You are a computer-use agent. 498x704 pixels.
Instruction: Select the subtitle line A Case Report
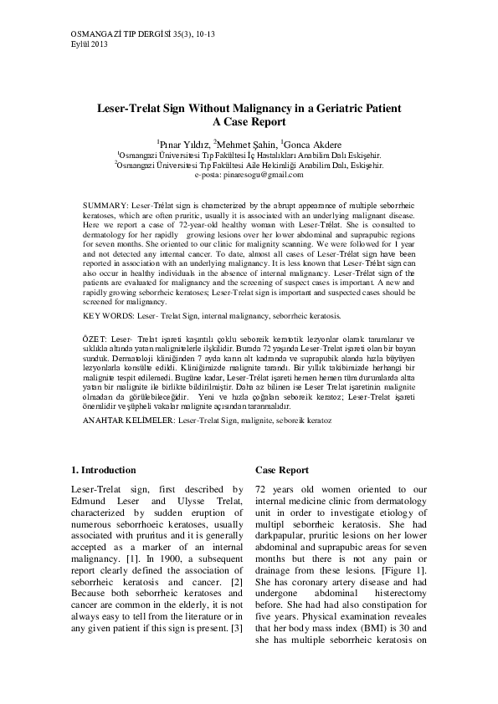pos(249,122)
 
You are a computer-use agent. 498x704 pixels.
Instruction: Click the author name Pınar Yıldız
pos(183,144)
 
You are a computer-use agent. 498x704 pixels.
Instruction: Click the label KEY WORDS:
pos(108,317)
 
